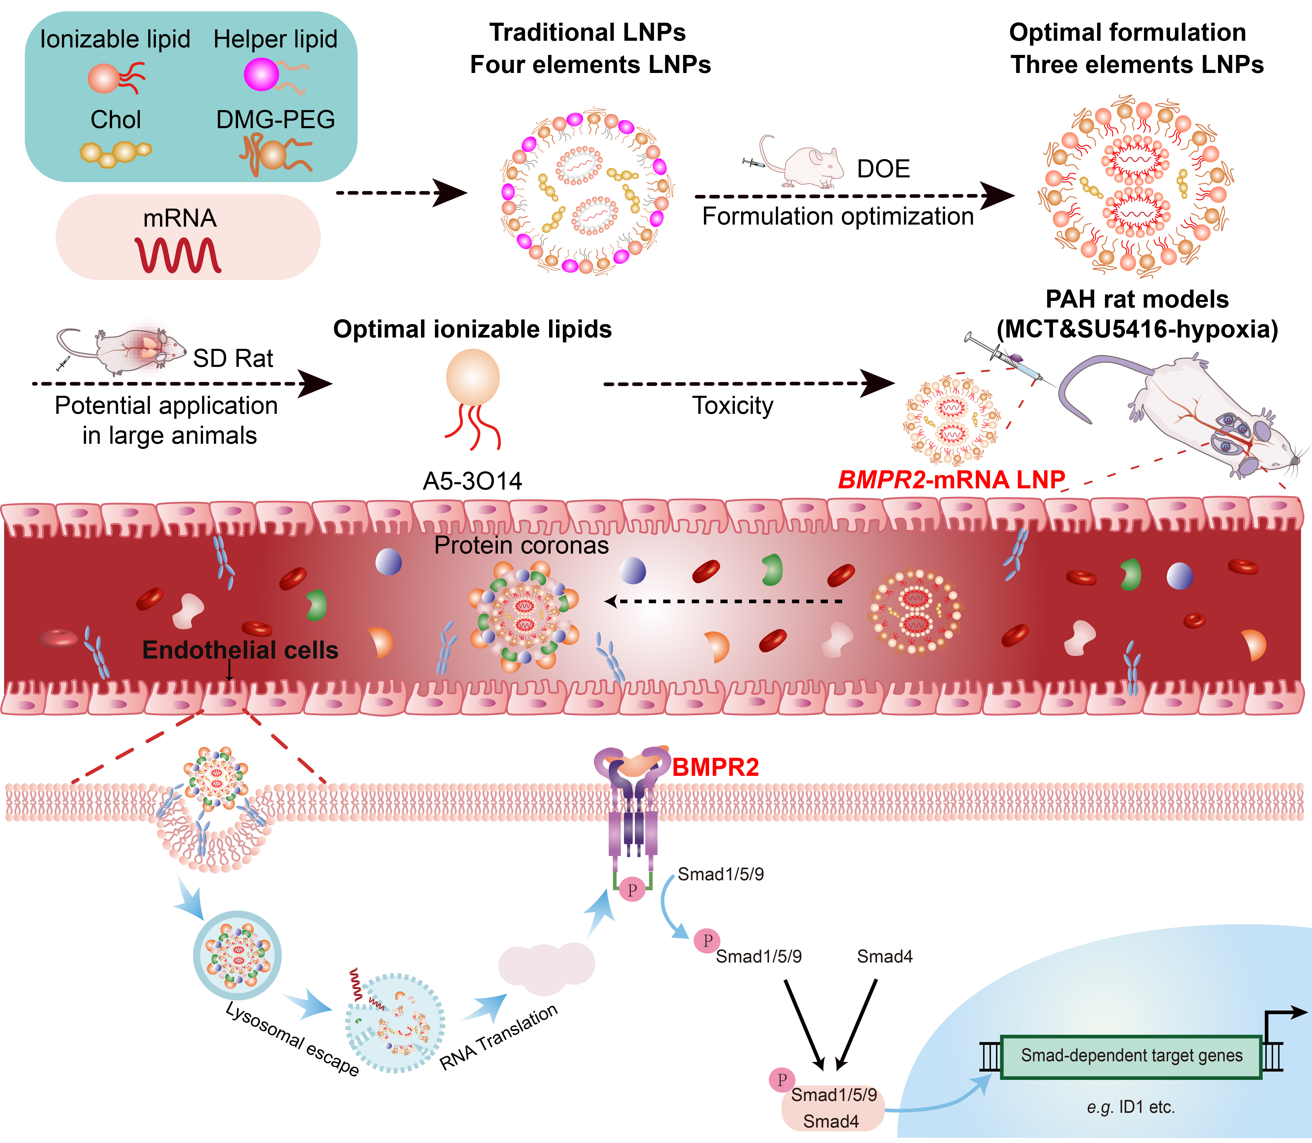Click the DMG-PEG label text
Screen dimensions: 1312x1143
click(x=275, y=119)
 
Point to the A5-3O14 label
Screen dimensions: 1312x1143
click(x=472, y=481)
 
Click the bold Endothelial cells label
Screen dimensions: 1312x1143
click(x=240, y=650)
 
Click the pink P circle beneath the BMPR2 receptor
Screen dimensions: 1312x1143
click(x=632, y=890)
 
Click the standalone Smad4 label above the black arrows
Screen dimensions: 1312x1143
click(x=884, y=956)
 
